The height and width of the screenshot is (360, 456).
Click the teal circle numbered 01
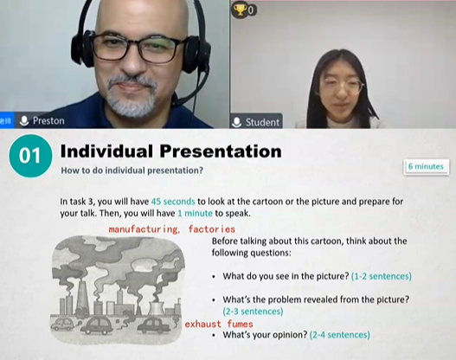30,156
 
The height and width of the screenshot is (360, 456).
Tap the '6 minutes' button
426,167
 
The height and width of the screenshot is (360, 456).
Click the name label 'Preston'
48,120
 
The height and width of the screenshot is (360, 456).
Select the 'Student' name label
262,122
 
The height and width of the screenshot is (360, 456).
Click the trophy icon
240,10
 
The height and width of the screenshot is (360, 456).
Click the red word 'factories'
211,229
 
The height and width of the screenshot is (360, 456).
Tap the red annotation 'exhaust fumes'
219,324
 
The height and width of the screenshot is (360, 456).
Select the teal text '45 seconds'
173,202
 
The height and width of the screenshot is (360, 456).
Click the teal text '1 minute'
195,214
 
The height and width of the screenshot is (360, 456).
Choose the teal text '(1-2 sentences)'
382,276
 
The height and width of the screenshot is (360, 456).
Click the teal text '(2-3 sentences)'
253,312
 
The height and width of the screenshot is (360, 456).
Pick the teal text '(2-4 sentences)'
340,335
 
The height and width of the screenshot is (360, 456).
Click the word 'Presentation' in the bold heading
220,151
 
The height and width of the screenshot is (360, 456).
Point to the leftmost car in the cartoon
61,325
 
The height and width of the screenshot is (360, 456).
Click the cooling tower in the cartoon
157,309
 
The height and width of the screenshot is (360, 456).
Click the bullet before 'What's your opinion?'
215,335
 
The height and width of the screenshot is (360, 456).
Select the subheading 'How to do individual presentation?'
132,170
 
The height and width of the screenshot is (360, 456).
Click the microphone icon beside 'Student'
237,122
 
